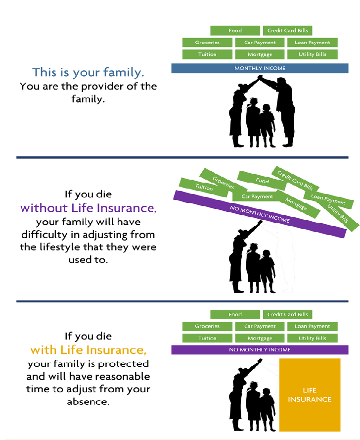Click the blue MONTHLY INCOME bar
pos(260,68)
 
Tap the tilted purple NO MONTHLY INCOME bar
pos(260,214)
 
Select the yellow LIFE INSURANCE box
pos(310,395)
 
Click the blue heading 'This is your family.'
pos(89,72)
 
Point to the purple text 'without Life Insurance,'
pos(89,208)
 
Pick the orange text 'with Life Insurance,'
pos(89,350)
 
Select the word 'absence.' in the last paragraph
pos(89,402)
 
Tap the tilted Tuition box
pos(204,187)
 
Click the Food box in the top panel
pos(235,31)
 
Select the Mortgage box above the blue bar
pos(260,54)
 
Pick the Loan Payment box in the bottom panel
pos(313,326)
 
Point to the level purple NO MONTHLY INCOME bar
pos(260,350)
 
